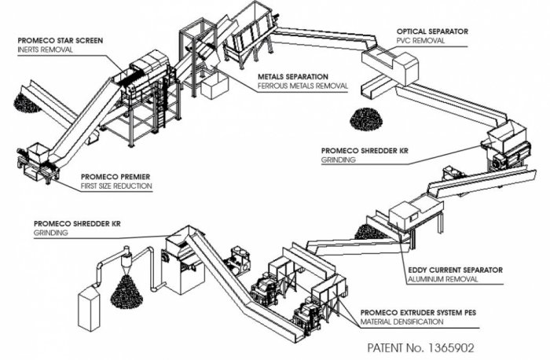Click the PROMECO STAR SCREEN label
(60, 41)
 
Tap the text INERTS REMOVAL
(46, 50)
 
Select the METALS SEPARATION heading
(293, 76)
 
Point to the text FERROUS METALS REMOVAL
(302, 86)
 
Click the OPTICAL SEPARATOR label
(432, 31)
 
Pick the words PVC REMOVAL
(420, 41)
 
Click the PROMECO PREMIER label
(115, 177)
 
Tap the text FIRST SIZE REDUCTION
(116, 186)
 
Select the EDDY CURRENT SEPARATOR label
(455, 270)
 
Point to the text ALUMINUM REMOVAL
(442, 279)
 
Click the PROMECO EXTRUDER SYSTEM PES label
(418, 312)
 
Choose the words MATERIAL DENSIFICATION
(402, 321)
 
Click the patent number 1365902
(450, 348)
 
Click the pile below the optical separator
(366, 119)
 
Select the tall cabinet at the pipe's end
(88, 307)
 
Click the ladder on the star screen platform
(160, 103)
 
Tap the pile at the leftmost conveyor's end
(25, 103)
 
